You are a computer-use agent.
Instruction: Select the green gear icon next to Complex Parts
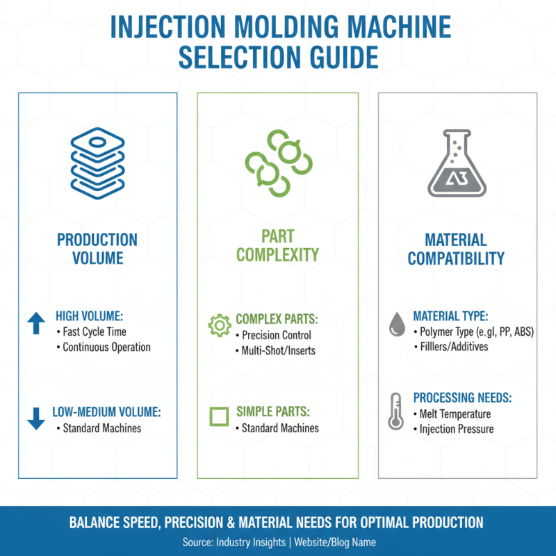point(220,325)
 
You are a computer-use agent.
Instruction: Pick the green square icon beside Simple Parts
point(219,417)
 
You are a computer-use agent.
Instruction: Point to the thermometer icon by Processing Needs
point(396,411)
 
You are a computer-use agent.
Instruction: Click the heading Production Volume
point(97,249)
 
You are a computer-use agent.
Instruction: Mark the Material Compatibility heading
point(456,249)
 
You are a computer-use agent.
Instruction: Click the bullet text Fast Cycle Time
point(95,332)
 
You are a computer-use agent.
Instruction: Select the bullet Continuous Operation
point(106,347)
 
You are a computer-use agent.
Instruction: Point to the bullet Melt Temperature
point(455,414)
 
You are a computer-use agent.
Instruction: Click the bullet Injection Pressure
point(457,429)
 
